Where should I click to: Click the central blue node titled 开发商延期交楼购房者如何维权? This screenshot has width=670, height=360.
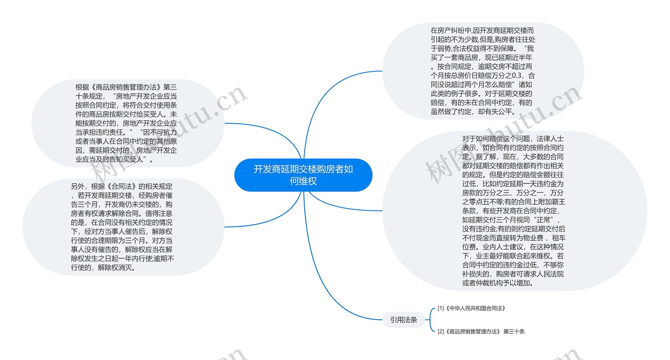[303, 175]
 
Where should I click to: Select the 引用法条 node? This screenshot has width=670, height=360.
[403, 320]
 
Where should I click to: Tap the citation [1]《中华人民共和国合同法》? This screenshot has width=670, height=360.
[471, 308]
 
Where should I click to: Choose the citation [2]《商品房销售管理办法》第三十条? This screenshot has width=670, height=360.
[481, 331]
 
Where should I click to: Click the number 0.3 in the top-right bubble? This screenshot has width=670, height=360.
[517, 76]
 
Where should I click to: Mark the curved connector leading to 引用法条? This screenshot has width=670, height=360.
[327, 288]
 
